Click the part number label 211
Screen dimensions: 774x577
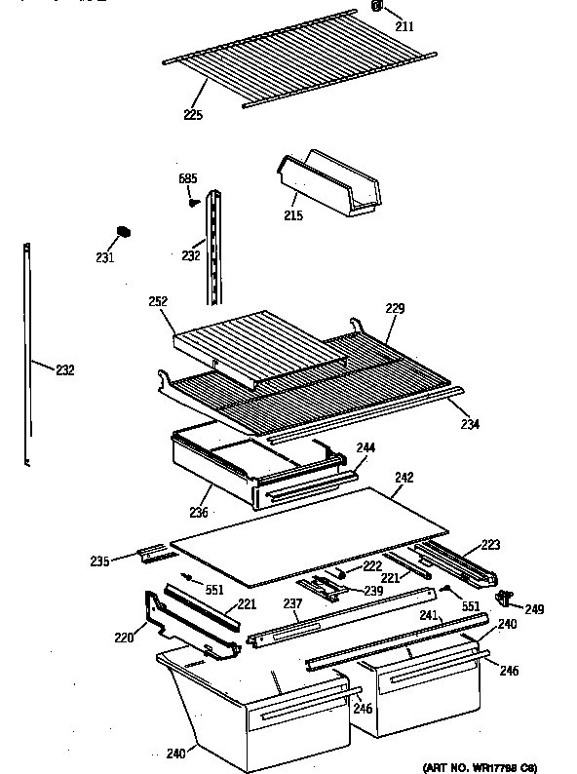click(x=404, y=26)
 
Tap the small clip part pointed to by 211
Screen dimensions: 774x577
click(x=376, y=8)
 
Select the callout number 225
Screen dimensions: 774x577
click(x=193, y=115)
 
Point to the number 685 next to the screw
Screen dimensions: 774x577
click(x=187, y=178)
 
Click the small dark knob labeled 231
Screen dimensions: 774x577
click(x=123, y=232)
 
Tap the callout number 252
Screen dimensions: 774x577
click(x=159, y=302)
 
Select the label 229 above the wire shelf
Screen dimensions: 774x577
click(x=394, y=309)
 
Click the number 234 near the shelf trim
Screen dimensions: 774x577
click(x=470, y=424)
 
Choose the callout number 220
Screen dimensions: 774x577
click(x=123, y=639)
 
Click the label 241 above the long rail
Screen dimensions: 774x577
click(x=430, y=615)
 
